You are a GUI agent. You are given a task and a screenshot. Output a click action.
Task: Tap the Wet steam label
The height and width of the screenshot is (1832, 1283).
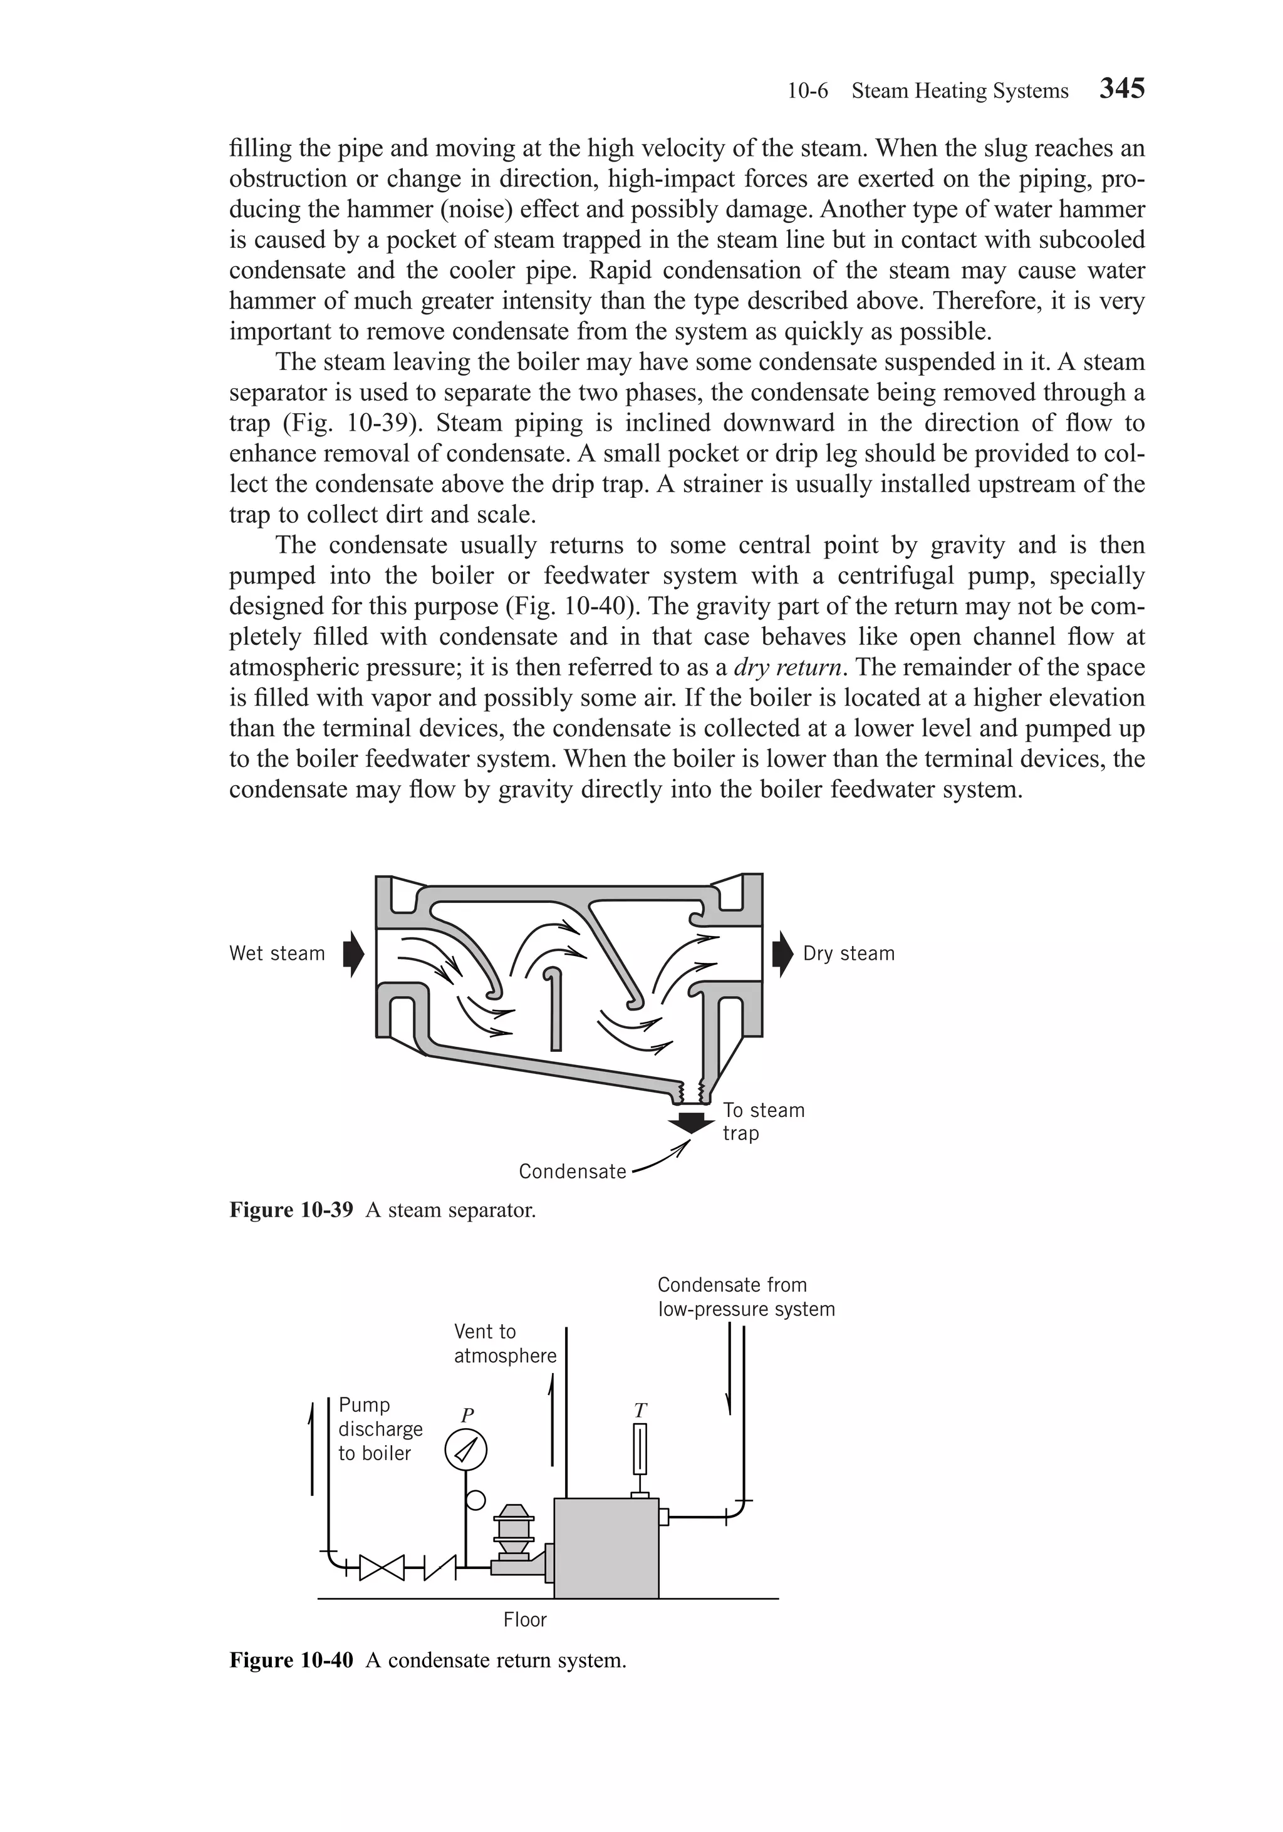(276, 954)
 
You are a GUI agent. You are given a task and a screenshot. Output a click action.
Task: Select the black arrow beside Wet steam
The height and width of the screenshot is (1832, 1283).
(353, 954)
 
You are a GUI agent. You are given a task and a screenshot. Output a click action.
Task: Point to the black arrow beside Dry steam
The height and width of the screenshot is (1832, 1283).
(783, 954)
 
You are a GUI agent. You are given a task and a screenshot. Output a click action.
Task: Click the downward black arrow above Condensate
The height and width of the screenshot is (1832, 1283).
(690, 1121)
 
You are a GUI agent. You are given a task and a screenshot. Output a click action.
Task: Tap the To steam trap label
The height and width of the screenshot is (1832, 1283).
(762, 1121)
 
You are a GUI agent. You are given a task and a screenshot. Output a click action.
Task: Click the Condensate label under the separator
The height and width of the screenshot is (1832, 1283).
(573, 1171)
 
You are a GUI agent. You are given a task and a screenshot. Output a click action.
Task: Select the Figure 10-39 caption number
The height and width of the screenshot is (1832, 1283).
(291, 1210)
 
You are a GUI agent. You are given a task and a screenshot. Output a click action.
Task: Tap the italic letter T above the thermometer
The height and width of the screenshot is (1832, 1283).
(640, 1411)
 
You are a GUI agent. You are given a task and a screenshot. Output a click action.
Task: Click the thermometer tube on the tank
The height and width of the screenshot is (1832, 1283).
(640, 1448)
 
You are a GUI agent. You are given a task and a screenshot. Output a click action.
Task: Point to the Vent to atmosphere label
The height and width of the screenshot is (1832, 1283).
(504, 1344)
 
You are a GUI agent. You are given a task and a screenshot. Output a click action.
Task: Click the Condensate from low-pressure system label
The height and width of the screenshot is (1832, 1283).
(745, 1297)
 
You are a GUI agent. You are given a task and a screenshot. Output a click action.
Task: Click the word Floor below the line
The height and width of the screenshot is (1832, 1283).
(524, 1620)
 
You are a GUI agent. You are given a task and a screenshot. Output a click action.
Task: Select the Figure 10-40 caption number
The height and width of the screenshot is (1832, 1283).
(291, 1660)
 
